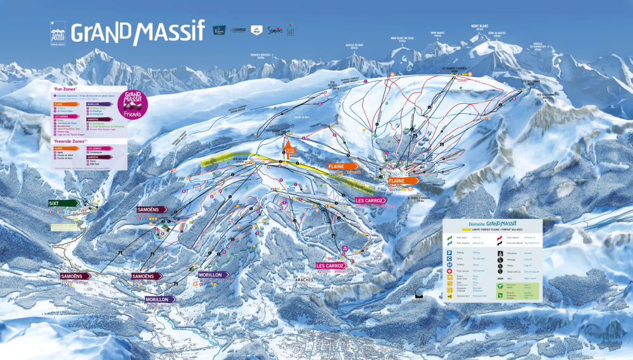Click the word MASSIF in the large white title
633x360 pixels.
[166, 30]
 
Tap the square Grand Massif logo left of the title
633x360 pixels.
[58, 33]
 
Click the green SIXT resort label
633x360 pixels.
[63, 203]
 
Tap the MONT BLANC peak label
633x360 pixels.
[478, 27]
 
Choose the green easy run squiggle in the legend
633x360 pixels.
[450, 235]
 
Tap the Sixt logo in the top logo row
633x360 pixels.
[291, 30]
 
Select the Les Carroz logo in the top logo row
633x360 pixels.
[237, 30]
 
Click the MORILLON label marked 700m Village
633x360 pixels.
[158, 300]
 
